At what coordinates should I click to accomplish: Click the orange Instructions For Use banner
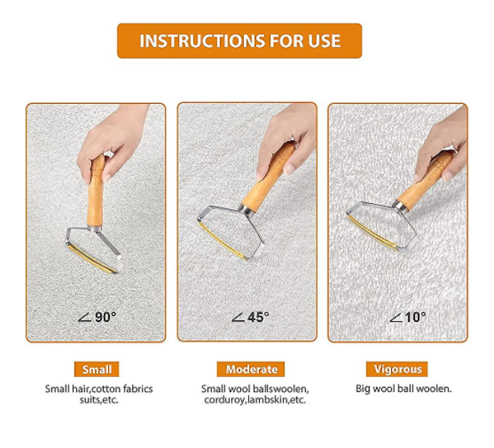tap(240, 40)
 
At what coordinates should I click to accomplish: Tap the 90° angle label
tap(97, 317)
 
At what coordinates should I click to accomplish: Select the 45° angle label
tap(251, 317)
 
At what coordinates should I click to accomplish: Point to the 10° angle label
tap(407, 317)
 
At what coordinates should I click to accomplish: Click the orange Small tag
tap(97, 369)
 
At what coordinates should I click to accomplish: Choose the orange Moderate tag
tap(251, 369)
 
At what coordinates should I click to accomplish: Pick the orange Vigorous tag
tap(397, 369)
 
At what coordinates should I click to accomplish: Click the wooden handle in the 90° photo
tap(96, 190)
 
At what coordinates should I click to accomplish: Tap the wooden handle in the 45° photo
tap(269, 176)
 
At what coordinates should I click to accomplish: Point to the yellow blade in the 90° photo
tap(92, 258)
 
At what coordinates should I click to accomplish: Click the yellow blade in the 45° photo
tap(222, 241)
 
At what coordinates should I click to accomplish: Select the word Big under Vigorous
tap(363, 389)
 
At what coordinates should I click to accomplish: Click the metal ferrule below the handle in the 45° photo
tap(246, 209)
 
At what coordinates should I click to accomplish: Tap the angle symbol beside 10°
tap(395, 318)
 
